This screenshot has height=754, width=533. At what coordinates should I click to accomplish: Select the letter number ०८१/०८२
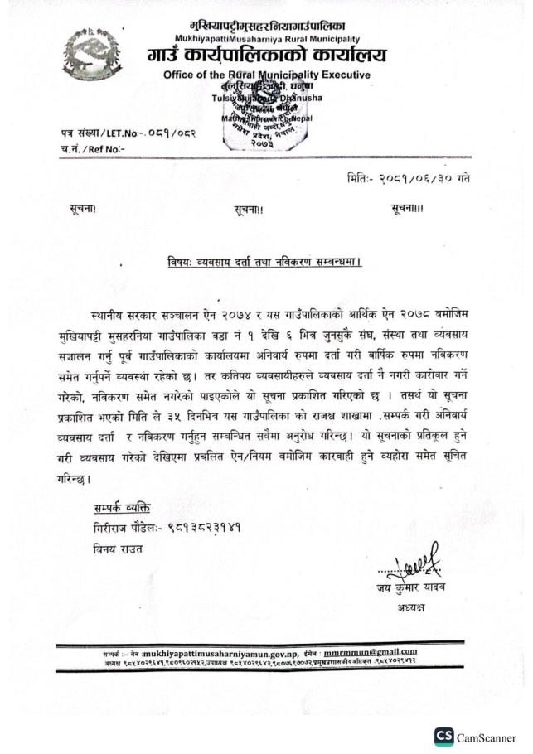[156, 133]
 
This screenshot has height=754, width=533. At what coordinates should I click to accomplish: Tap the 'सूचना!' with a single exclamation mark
[84, 210]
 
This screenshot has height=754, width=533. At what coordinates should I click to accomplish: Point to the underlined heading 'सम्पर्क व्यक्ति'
[122, 506]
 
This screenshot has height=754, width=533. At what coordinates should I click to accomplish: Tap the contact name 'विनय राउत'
[119, 548]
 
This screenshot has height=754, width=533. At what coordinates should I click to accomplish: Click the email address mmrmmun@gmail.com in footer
[370, 651]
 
